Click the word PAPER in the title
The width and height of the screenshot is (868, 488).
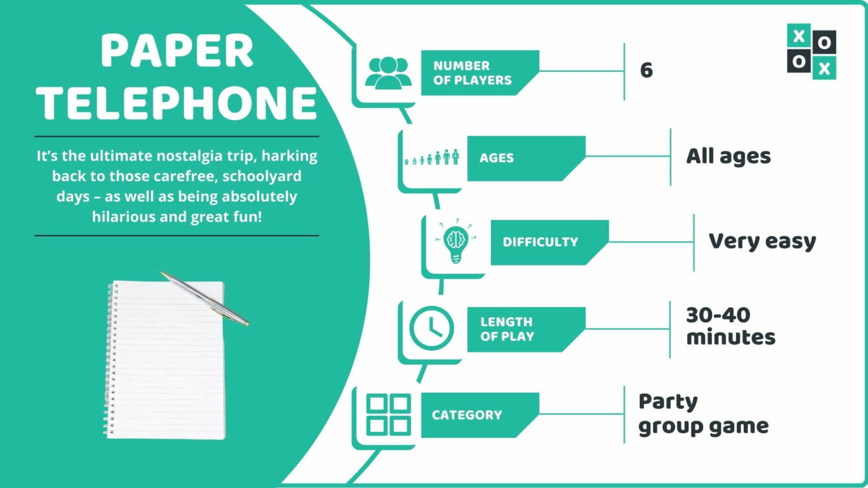pos(177,51)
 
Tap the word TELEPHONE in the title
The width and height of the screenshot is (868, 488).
pos(177,103)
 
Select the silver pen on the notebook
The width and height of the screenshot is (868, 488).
pos(204,298)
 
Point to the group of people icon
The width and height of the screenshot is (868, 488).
pos(388,73)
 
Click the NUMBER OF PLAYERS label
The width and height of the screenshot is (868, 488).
pos(472,73)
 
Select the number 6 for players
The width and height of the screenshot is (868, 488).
pos(646,70)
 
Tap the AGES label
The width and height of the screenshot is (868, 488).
pos(497,158)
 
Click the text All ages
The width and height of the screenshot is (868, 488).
pos(728,156)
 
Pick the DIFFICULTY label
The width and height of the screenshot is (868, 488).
pos(540,242)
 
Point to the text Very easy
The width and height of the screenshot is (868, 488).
pos(762,242)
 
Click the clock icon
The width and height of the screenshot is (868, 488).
pos(431,328)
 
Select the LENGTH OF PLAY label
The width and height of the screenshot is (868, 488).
pos(507,329)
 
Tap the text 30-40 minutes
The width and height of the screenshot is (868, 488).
pos(730,326)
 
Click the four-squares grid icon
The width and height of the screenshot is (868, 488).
pos(388,415)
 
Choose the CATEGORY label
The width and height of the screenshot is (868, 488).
pos(467,415)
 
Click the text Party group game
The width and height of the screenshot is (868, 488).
pos(703,414)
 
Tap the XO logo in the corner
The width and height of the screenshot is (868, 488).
pos(811,51)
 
